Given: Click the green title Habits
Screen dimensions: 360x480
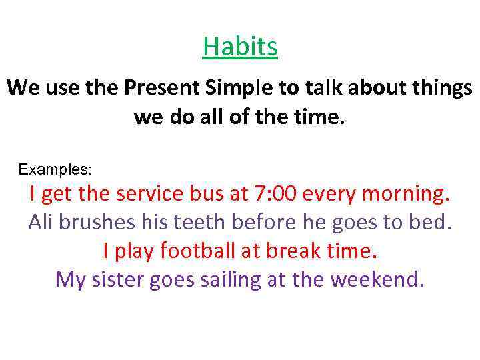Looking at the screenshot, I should pyautogui.click(x=240, y=47).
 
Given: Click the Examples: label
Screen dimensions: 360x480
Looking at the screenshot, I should pyautogui.click(x=55, y=169).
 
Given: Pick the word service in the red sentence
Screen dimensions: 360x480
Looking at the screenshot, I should pyautogui.click(x=147, y=194).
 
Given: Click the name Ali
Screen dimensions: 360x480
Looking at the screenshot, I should pyautogui.click(x=40, y=222).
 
